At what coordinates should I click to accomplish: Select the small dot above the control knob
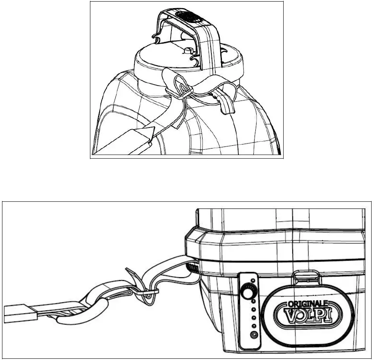(x=253, y=280)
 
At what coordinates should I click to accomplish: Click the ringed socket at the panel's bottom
(x=254, y=335)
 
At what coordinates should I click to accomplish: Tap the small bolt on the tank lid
(x=188, y=51)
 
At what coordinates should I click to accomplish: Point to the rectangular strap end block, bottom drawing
(x=20, y=312)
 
